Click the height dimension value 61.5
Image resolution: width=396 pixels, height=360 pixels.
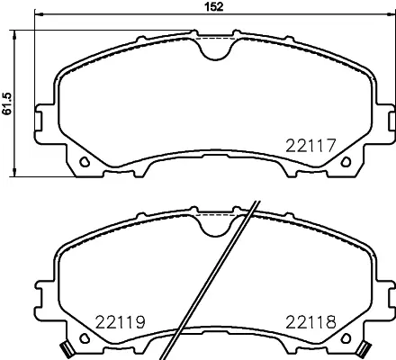point(7,103)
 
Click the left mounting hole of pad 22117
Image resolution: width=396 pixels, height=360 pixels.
point(84,163)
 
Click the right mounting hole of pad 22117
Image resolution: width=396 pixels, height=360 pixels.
point(346,163)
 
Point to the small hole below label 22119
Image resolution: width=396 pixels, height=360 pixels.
point(84,338)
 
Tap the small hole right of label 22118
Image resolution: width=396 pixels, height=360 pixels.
point(346,338)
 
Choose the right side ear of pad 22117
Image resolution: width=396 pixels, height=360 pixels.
point(385,115)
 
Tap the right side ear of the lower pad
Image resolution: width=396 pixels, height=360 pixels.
point(385,292)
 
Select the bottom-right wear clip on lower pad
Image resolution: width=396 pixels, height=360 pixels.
point(364,349)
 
